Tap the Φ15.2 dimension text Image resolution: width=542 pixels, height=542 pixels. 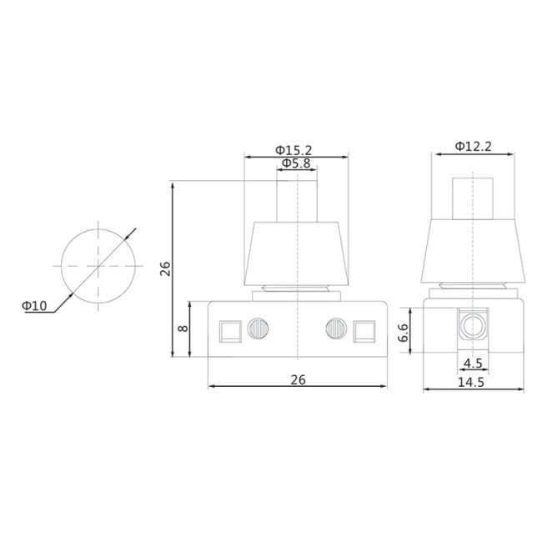pos(294,149)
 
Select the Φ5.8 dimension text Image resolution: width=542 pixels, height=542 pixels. pos(296,163)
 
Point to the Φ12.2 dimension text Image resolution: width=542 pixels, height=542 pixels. pos(473,146)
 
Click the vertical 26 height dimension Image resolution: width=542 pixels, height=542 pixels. pos(165,268)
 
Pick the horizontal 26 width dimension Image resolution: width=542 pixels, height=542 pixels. pos(298,379)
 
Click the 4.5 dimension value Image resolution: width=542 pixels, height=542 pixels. pos(473,364)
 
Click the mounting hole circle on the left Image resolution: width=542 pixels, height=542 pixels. pos(98,265)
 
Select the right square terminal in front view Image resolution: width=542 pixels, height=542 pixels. pos(364,331)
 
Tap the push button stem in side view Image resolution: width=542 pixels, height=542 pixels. pos(474,198)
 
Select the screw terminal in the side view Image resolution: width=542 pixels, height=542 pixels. pos(474,325)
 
